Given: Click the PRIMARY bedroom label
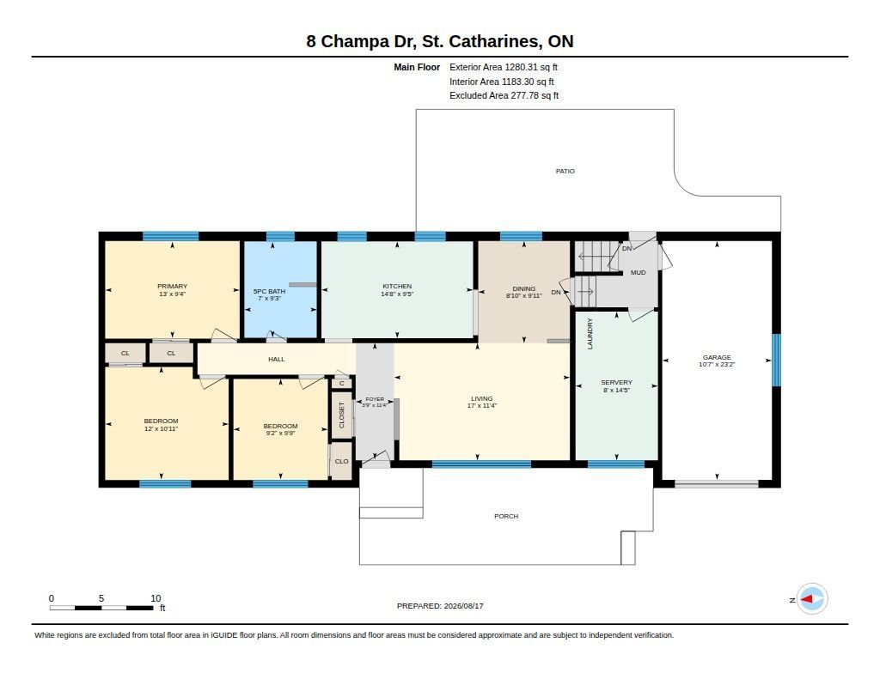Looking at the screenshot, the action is [x=172, y=286].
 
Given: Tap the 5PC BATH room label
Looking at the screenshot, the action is [x=269, y=292].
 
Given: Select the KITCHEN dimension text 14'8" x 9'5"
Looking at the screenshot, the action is [x=397, y=294].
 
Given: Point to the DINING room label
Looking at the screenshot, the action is [x=523, y=288].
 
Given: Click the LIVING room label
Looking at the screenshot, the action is [x=481, y=398].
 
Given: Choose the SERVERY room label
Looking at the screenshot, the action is [x=616, y=382].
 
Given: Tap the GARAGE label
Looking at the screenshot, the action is [x=717, y=357].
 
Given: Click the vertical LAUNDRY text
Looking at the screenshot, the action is [x=590, y=334].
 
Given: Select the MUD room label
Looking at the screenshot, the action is [x=639, y=272].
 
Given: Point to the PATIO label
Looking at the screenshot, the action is [x=565, y=171].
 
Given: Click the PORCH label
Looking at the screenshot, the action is [x=506, y=516].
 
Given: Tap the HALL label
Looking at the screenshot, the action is [x=276, y=359].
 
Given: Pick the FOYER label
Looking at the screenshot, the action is [x=375, y=399].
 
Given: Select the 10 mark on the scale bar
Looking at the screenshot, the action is [x=156, y=598].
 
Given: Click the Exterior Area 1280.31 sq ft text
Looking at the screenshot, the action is [x=504, y=67].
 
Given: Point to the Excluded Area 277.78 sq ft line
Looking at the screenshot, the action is [x=504, y=95].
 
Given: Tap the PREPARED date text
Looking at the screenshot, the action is [x=440, y=605].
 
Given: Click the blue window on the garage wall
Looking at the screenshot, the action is [x=776, y=360].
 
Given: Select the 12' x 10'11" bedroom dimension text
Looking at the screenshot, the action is [x=161, y=428].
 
